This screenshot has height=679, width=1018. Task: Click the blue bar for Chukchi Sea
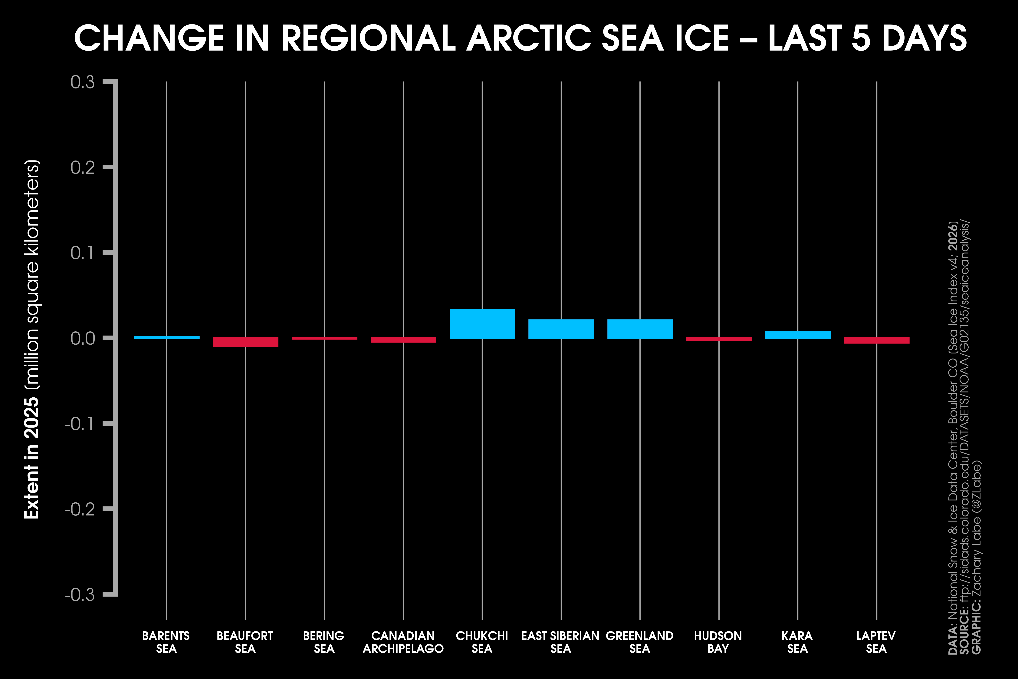tap(482, 324)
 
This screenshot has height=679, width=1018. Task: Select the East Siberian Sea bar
tap(561, 329)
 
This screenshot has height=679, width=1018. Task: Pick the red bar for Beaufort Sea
tap(245, 342)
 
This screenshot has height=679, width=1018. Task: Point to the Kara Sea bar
tap(798, 335)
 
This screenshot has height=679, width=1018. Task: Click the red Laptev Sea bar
tap(876, 340)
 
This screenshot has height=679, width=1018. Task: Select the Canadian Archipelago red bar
tap(403, 339)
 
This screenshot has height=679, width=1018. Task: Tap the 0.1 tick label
tap(82, 253)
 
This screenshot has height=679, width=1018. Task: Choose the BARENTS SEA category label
tap(166, 642)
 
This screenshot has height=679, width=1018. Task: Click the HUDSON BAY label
tap(718, 642)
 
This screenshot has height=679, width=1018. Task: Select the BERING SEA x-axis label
tap(324, 642)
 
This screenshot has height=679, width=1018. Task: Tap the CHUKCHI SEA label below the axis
tap(482, 642)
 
